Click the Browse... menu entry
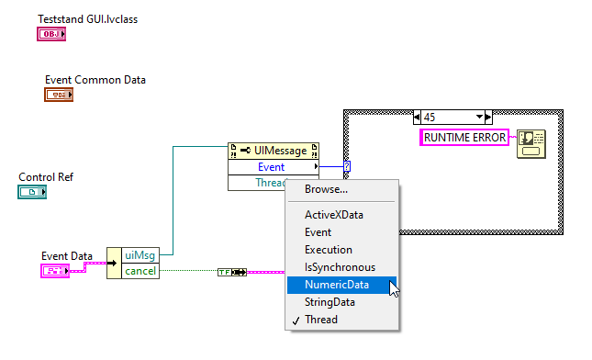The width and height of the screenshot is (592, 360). [326, 189]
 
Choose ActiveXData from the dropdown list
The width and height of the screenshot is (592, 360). [334, 214]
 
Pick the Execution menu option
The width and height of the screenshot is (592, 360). [329, 250]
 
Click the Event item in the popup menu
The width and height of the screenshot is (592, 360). [319, 232]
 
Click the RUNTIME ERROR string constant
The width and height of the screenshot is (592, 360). [464, 137]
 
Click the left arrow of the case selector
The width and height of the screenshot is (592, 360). [419, 117]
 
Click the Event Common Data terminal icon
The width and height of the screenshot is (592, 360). [59, 95]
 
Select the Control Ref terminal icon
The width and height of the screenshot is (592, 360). [32, 191]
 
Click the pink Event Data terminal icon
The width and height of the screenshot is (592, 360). [54, 271]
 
